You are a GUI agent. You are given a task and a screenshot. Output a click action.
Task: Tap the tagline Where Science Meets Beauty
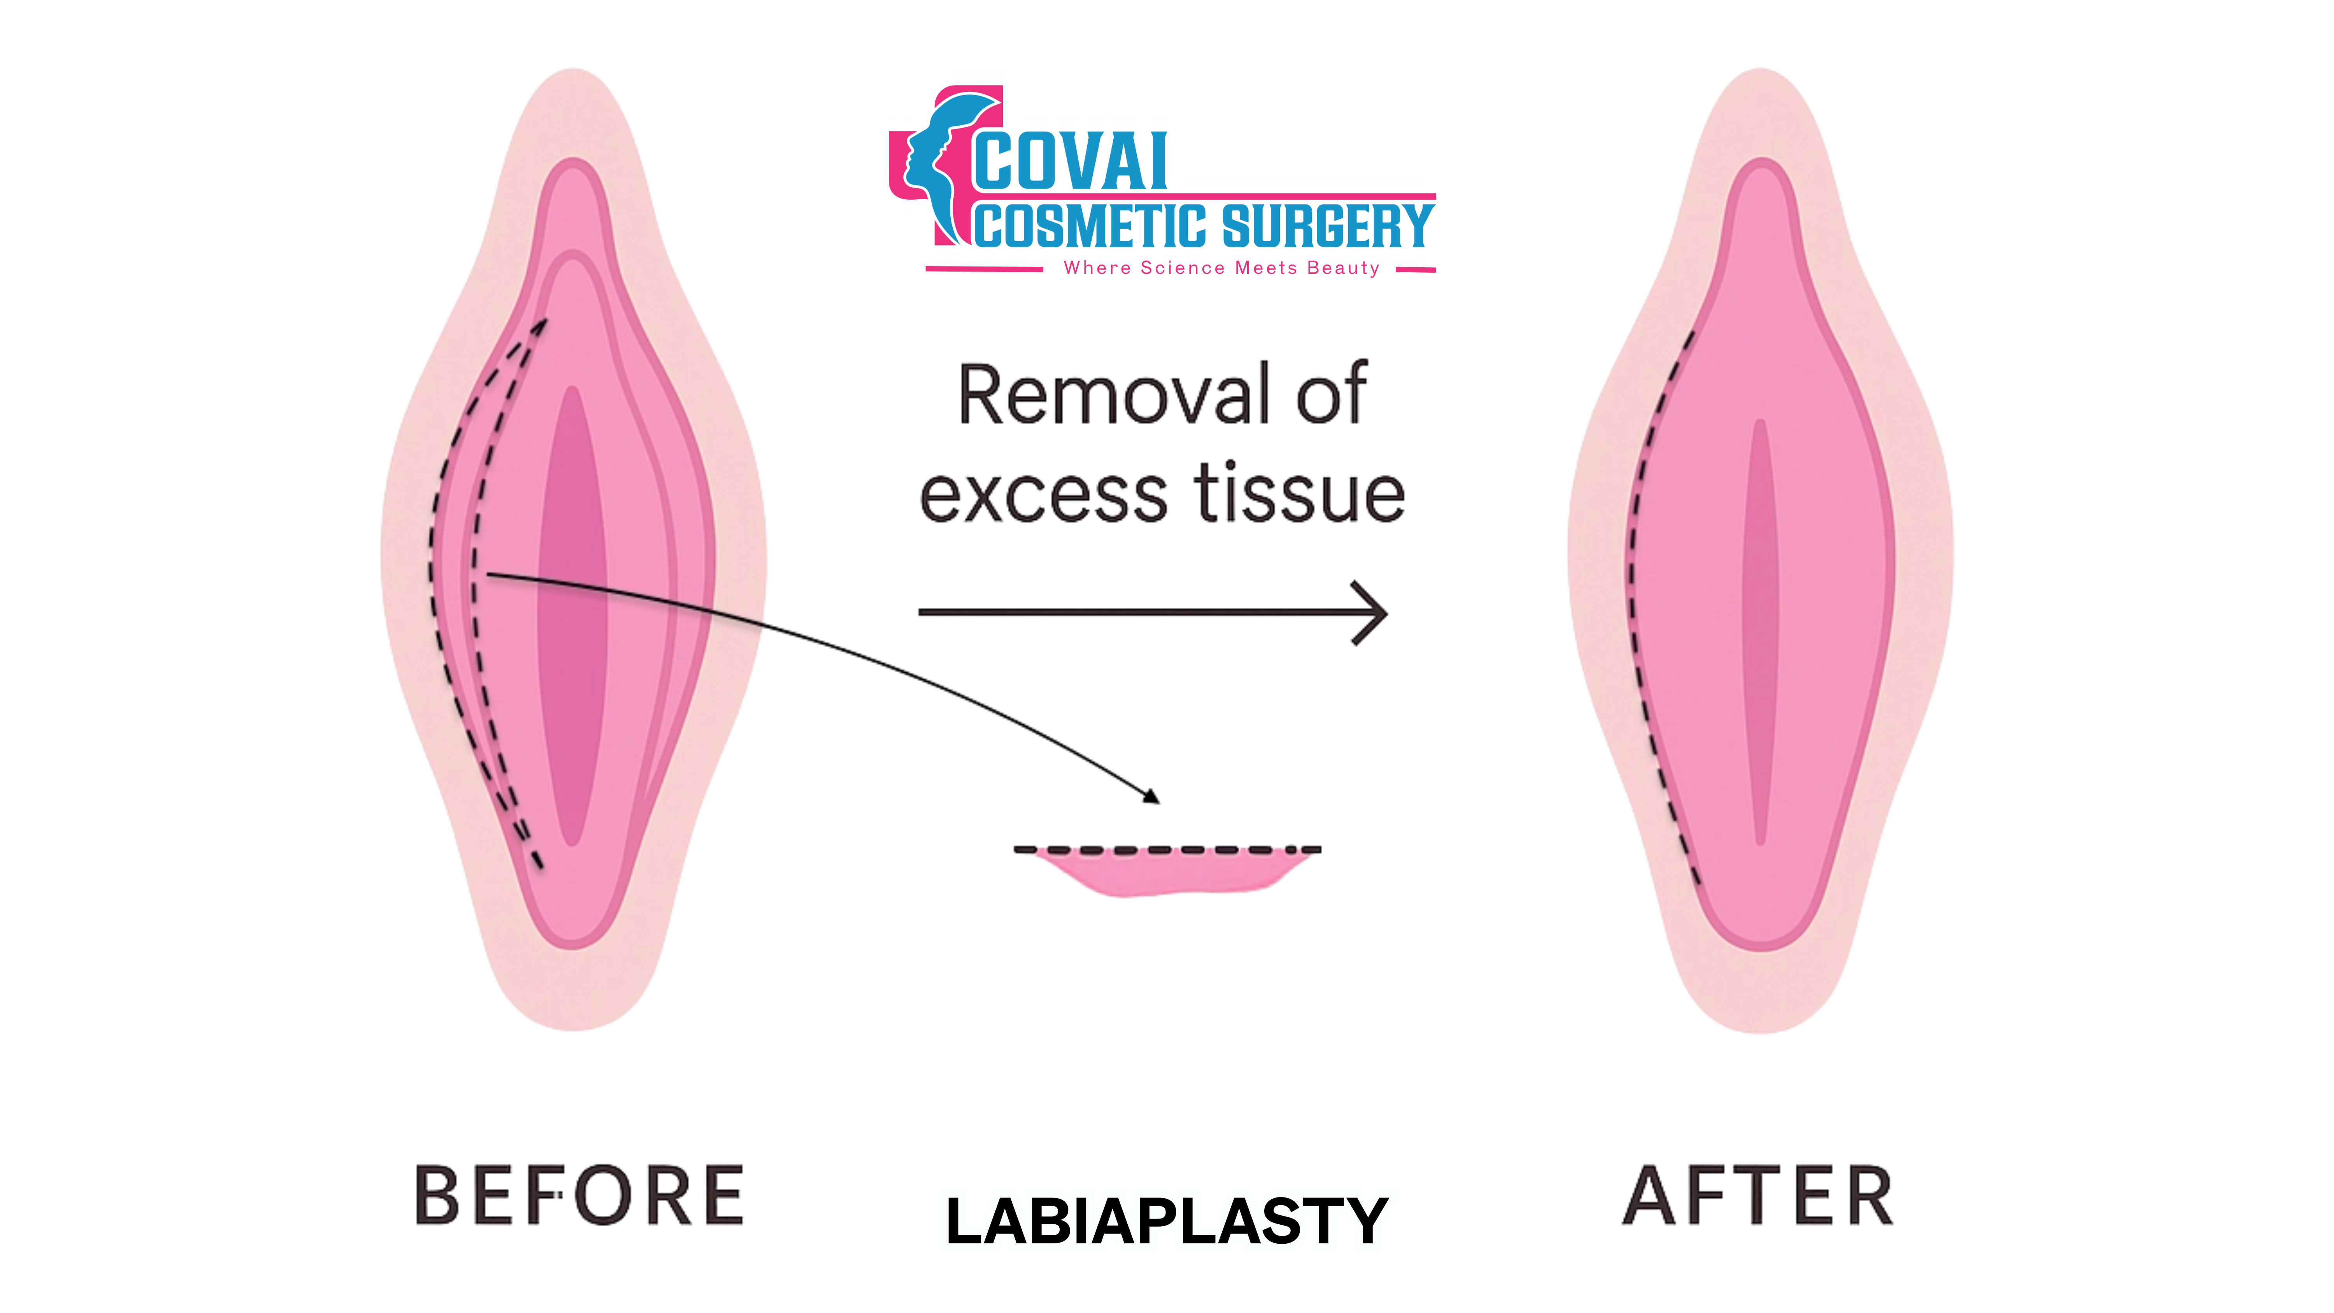click(1221, 268)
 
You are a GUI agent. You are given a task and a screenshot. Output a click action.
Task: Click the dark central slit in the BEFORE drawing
click(573, 616)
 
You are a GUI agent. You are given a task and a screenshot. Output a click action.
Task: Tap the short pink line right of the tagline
click(1415, 269)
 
